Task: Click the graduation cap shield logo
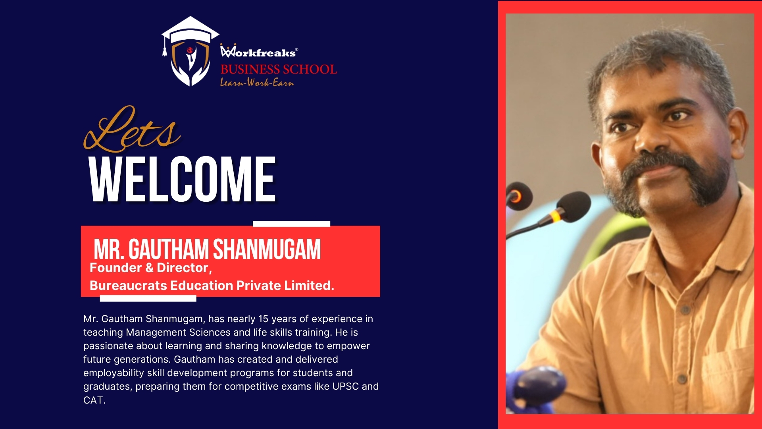[x=190, y=51]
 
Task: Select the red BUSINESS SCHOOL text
[x=279, y=69]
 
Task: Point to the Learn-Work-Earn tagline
[x=257, y=82]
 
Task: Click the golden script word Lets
[x=132, y=129]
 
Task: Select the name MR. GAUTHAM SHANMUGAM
[x=207, y=249]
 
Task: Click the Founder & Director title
[x=151, y=268]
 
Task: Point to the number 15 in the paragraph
[x=264, y=319]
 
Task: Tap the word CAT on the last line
[x=93, y=400]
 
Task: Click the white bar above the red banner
[x=291, y=224]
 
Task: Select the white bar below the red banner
[x=148, y=299]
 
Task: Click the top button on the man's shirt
[x=683, y=309]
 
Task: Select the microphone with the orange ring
[x=518, y=195]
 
